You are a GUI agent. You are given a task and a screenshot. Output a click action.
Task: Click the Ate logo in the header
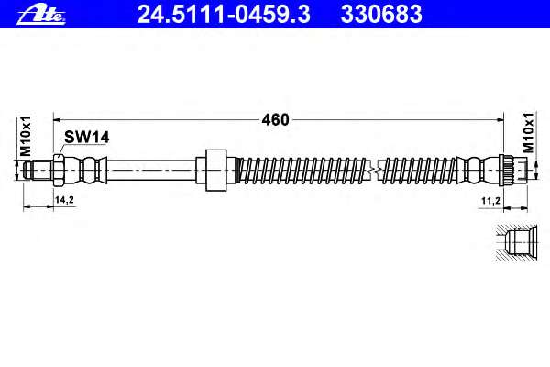(x=41, y=16)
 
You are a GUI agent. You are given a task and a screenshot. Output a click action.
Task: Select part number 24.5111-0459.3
(x=224, y=15)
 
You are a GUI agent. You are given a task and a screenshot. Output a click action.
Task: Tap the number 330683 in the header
(x=381, y=15)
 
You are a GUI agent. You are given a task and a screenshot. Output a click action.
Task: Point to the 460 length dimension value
(x=275, y=120)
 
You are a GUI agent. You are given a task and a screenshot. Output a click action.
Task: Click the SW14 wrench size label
(x=87, y=138)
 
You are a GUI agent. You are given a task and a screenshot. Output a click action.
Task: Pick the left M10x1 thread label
(x=26, y=137)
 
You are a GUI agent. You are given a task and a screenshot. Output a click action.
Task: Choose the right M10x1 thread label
(x=529, y=132)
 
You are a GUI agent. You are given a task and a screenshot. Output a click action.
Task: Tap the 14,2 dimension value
(x=64, y=200)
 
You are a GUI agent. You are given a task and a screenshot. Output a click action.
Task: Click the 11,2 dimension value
(x=490, y=201)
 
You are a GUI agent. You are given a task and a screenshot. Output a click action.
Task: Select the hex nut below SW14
(x=59, y=171)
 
